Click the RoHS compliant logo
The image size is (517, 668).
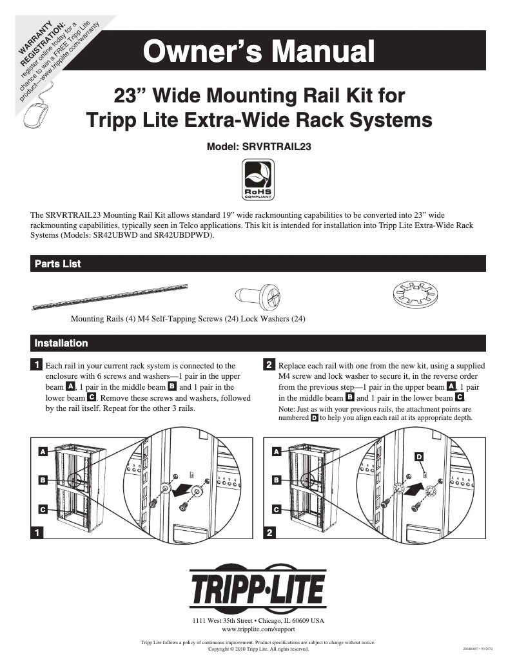[258, 181]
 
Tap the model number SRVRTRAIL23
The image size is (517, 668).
[258, 146]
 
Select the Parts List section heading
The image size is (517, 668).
[57, 264]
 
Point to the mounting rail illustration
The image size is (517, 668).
[110, 297]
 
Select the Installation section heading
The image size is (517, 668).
[61, 343]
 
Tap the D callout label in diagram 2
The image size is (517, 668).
[419, 456]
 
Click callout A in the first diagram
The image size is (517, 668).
[43, 452]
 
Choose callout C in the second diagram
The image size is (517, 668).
[276, 510]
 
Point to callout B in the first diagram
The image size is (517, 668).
[43, 480]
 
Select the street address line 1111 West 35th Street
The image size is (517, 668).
[258, 620]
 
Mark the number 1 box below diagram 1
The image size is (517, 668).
[39, 532]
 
